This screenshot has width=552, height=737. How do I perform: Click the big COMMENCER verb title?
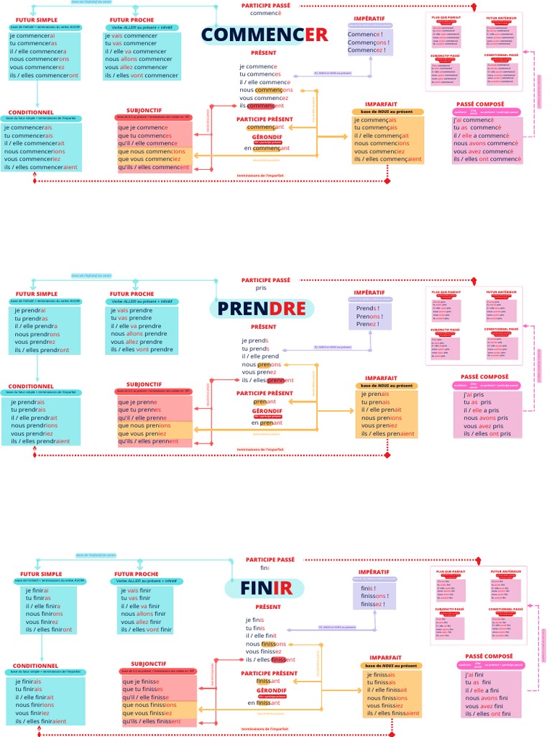(264, 35)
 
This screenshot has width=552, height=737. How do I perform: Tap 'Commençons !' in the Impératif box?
(368, 42)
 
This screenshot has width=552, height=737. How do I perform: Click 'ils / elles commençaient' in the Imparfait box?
(386, 159)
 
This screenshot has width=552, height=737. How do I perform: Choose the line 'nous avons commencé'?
(486, 143)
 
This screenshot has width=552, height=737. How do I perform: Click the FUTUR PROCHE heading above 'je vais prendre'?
(132, 294)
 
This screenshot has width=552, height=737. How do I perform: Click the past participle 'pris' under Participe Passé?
(260, 287)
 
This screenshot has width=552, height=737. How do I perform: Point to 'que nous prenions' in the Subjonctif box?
(144, 425)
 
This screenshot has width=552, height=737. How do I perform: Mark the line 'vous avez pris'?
(483, 425)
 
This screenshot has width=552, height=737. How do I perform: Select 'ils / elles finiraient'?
(40, 721)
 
